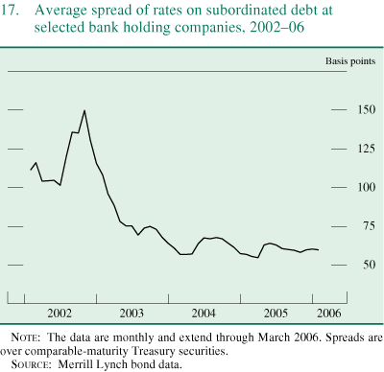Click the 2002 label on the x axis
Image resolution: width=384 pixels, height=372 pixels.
[x=60, y=314]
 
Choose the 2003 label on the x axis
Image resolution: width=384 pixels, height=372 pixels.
[x=132, y=314]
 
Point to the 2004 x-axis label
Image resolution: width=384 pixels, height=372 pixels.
[x=204, y=314]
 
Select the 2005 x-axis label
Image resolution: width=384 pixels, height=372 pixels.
[x=276, y=314]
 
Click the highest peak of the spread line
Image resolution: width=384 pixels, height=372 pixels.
[x=84, y=110]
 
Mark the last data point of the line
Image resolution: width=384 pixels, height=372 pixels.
[x=320, y=249]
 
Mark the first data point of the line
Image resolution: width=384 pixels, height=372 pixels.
[x=31, y=170]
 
